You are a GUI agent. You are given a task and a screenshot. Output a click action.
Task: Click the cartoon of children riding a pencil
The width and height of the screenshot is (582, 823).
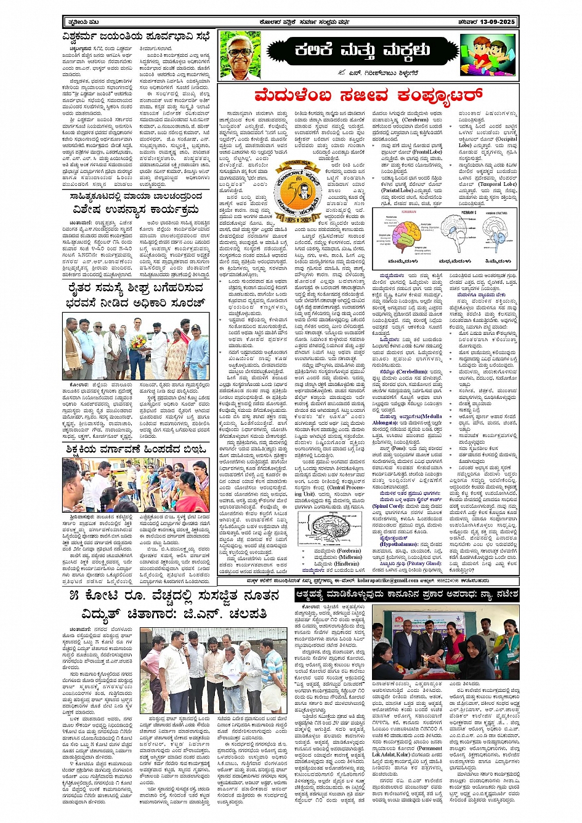[x=487, y=54]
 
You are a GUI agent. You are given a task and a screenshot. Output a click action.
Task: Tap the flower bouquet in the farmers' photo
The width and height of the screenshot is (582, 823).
[x=137, y=342]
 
